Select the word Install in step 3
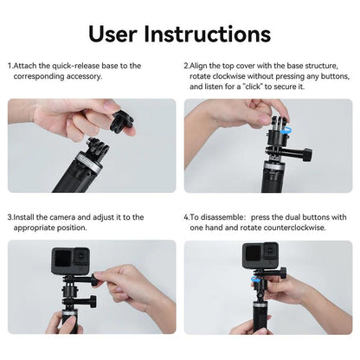click(x=26, y=217)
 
